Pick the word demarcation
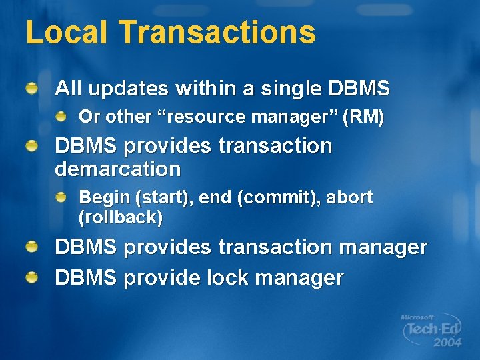coord(117,169)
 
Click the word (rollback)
coord(121,217)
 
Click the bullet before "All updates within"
coord(32,87)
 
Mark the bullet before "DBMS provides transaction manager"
coord(32,247)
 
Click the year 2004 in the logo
coord(447,343)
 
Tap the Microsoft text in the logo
coord(417,317)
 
